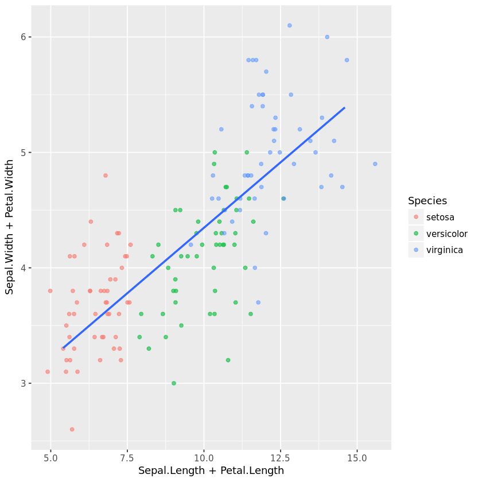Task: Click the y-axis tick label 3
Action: pos(23,383)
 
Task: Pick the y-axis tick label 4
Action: pos(23,268)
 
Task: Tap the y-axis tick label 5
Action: pos(23,153)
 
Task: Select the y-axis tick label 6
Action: pos(23,37)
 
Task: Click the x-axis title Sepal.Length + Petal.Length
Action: pos(211,471)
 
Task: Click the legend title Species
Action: pos(427,201)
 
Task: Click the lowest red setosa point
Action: pos(72,429)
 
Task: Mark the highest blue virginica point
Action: pos(289,25)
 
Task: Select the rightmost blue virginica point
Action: pos(375,164)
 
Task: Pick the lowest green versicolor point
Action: pos(174,383)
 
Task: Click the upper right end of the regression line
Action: pos(344,107)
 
